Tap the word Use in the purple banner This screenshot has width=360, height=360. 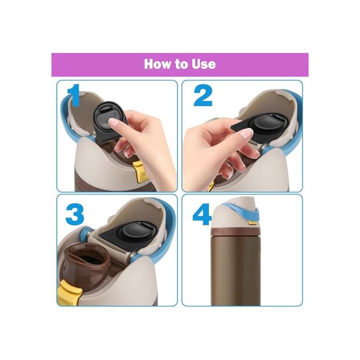(203, 64)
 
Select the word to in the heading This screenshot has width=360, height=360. (181, 65)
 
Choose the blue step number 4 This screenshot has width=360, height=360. (202, 214)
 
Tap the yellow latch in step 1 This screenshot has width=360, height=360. (137, 170)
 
